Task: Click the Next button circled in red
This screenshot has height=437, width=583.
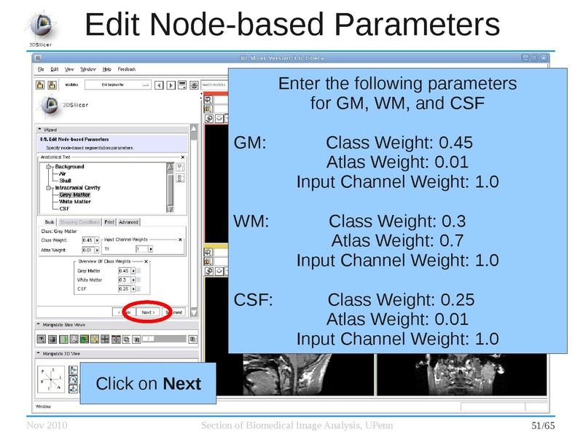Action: [148, 312]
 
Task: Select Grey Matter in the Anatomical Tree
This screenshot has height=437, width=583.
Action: [75, 194]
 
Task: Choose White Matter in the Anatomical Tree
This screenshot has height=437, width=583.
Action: [75, 202]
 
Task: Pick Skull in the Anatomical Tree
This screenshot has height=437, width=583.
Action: [65, 181]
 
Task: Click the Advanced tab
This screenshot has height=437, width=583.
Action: [128, 222]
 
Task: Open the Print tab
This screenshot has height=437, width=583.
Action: [109, 222]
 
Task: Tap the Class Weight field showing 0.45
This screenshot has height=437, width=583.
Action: [88, 240]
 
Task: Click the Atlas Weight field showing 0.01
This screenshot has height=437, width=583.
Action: [87, 251]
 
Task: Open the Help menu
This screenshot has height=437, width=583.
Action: [107, 69]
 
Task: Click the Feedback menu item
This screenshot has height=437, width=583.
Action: [127, 69]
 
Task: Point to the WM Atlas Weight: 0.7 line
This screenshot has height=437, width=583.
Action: [398, 240]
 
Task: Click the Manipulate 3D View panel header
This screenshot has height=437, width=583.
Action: [66, 353]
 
